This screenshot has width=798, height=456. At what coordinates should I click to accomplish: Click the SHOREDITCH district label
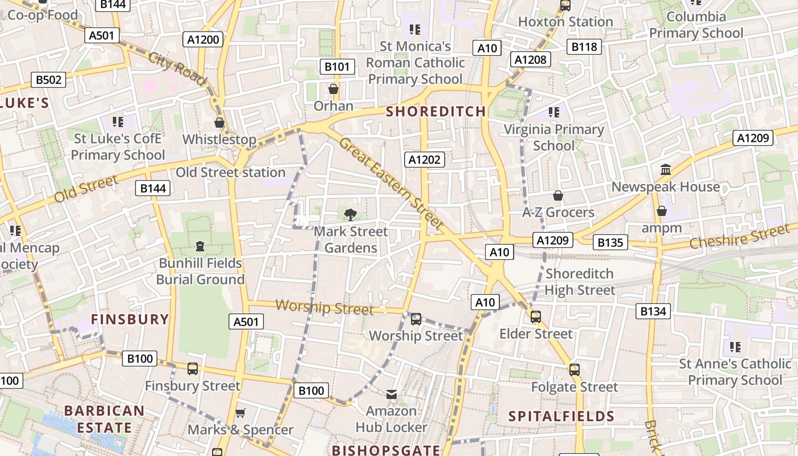(x=436, y=111)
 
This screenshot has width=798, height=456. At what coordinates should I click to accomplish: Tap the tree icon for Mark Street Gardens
(x=351, y=215)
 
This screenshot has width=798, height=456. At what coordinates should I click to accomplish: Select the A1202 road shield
(x=425, y=160)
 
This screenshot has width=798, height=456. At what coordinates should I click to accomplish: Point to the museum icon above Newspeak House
(x=665, y=170)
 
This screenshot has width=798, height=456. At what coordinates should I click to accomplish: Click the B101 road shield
(x=337, y=67)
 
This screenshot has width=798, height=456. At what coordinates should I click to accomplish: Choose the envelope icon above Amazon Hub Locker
(x=392, y=394)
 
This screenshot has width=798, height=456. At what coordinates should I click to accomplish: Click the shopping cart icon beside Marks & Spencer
(x=241, y=413)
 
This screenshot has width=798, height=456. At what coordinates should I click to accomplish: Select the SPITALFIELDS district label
(x=561, y=416)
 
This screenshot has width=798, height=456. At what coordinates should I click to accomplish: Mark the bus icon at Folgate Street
(x=575, y=370)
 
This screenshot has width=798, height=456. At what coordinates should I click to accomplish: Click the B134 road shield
(x=653, y=311)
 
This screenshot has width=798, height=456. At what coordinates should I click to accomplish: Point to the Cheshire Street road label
(x=739, y=237)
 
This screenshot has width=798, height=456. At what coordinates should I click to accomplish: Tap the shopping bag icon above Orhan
(x=333, y=89)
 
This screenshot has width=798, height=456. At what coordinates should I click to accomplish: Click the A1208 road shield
(x=531, y=59)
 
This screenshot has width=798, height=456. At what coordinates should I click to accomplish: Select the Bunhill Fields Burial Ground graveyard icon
(x=200, y=246)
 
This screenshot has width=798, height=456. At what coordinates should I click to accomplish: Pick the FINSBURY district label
(x=131, y=319)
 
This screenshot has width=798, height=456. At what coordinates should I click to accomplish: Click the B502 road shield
(x=48, y=80)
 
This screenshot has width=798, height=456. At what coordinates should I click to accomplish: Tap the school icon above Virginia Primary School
(x=553, y=112)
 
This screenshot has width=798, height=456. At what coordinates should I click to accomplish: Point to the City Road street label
(x=177, y=69)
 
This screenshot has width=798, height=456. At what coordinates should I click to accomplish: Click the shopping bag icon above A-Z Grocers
(x=558, y=196)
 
